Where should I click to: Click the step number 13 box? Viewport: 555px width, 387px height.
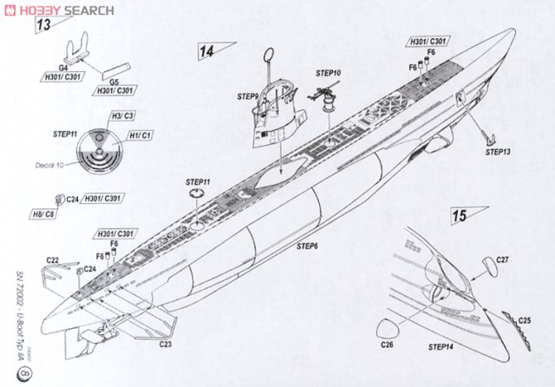coord(43,25)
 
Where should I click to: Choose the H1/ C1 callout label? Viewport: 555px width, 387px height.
coord(138,136)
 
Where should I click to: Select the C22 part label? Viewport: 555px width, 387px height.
coord(52,260)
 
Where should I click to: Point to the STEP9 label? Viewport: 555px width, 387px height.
coord(245,97)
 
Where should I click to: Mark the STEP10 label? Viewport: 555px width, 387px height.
coord(329,72)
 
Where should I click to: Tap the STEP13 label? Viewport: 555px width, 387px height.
coord(498,151)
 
